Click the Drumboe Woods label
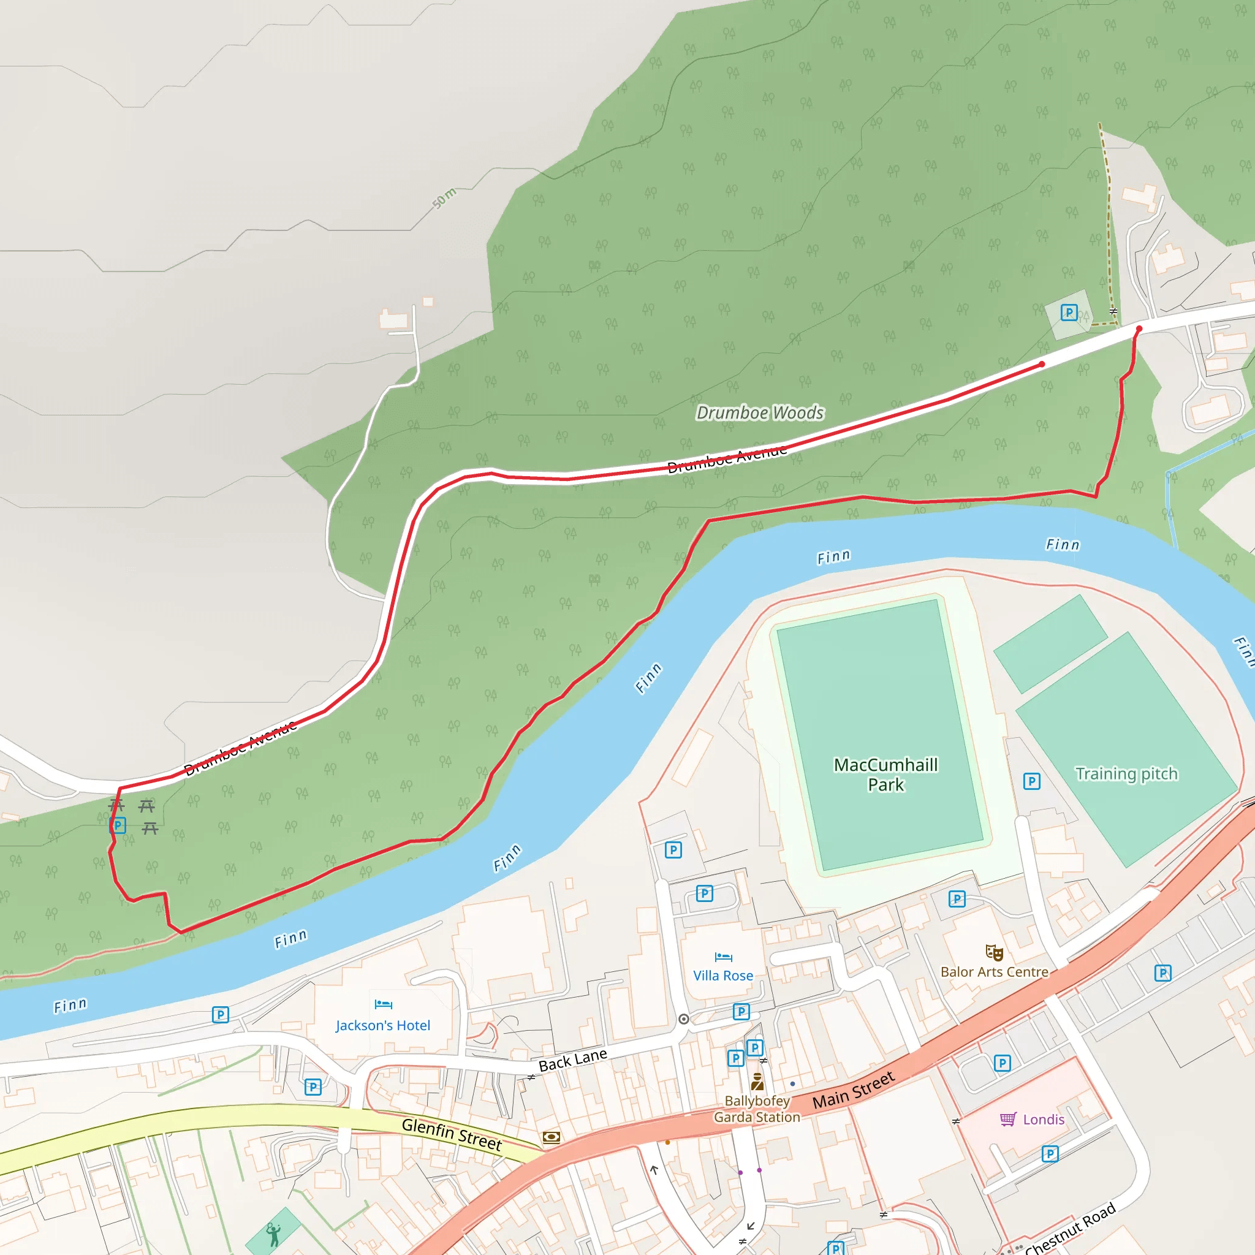(x=759, y=412)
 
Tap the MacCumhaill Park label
(x=885, y=775)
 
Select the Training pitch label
(x=1126, y=774)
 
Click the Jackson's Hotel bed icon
(x=383, y=1004)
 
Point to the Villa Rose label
(x=723, y=976)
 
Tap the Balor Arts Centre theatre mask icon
(x=995, y=953)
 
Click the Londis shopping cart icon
(x=1007, y=1119)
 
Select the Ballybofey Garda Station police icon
(x=757, y=1082)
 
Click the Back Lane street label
(x=573, y=1060)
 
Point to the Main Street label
(x=854, y=1091)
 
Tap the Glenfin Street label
(x=452, y=1134)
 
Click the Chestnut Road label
(x=1071, y=1229)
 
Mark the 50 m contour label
(x=444, y=197)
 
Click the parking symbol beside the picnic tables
(x=118, y=825)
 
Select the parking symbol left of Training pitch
(x=1031, y=781)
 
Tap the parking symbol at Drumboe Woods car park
(x=1069, y=313)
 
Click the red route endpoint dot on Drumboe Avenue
(x=1042, y=365)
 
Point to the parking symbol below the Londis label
(x=1050, y=1154)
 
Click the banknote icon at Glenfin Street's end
(x=551, y=1137)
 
